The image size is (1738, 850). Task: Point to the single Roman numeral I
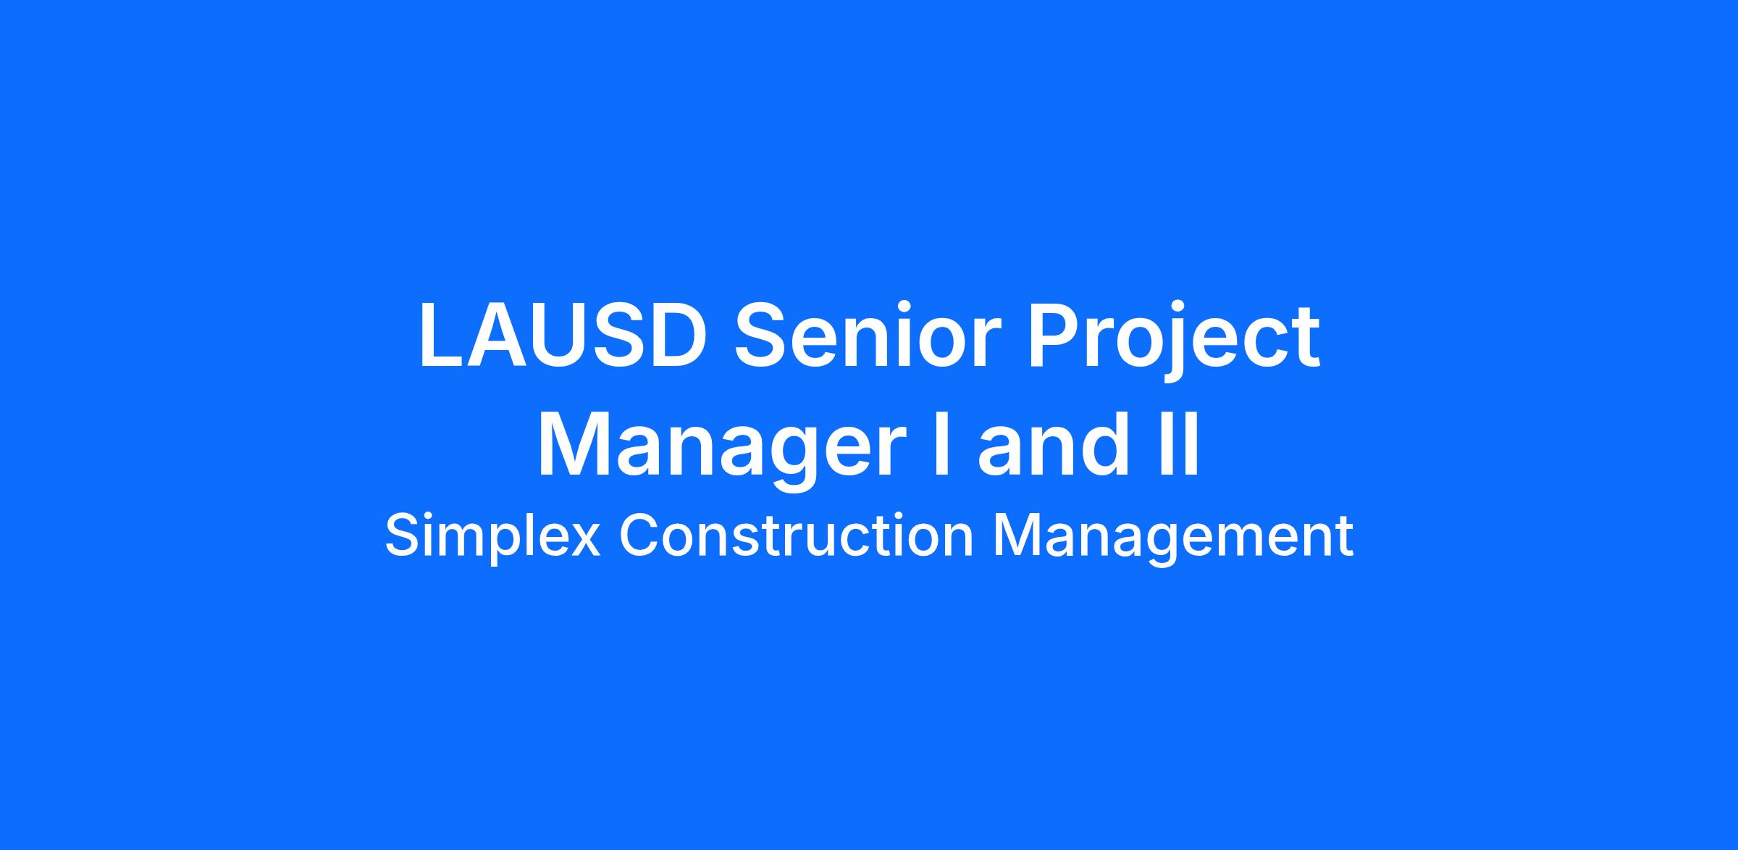point(941,444)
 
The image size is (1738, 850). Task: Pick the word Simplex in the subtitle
point(492,537)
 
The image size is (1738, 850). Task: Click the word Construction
point(796,536)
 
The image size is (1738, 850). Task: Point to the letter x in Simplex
point(583,541)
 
